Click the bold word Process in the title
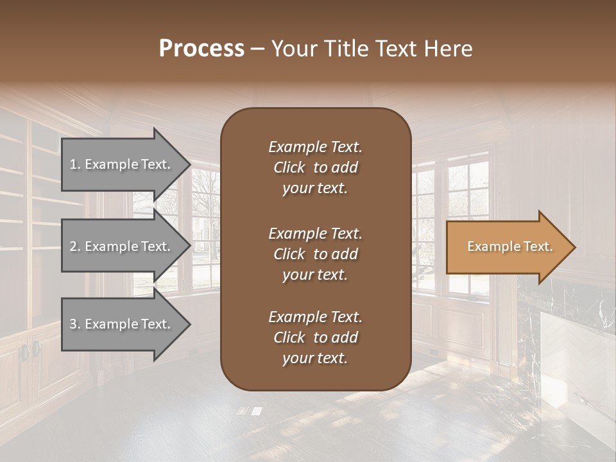click(201, 49)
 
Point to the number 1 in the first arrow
click(73, 164)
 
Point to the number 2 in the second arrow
click(74, 246)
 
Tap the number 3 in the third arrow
click(74, 324)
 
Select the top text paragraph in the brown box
click(315, 167)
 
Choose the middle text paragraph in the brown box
click(315, 254)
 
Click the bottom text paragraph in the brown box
click(315, 338)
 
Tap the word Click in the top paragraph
click(289, 167)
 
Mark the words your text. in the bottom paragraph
click(315, 359)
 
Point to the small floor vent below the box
click(249, 411)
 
